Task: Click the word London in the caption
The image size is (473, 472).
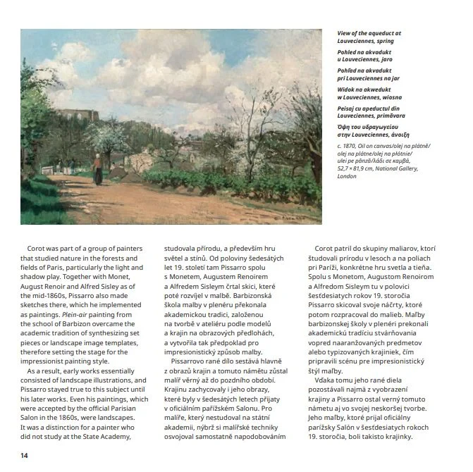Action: pyautogui.click(x=347, y=176)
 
